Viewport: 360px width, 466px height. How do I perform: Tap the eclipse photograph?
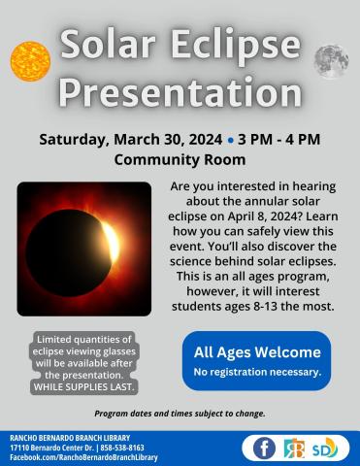coord(84,249)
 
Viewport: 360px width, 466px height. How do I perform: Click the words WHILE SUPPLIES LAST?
coord(82,386)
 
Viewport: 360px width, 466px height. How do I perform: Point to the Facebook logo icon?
coord(263,448)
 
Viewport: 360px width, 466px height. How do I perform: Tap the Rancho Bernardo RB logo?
coord(293,448)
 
